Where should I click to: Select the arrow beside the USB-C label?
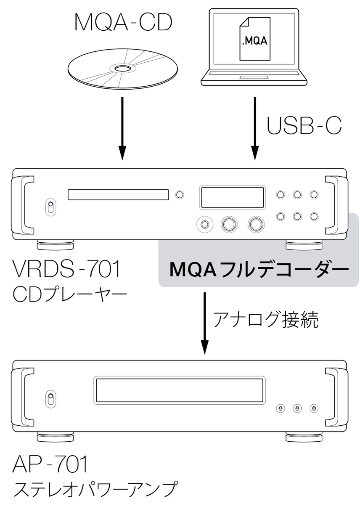[254, 128]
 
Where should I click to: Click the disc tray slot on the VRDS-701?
[118, 195]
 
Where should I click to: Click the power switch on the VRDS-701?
[50, 207]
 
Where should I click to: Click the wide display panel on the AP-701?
[180, 390]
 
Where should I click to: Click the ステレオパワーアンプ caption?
[94, 490]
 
